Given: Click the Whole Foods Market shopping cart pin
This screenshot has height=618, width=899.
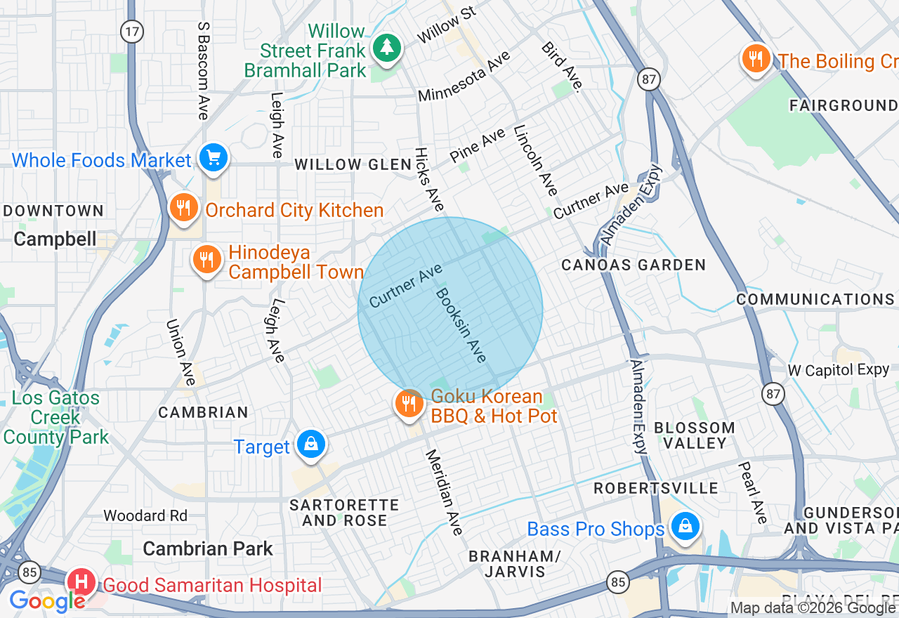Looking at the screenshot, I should pos(213,158).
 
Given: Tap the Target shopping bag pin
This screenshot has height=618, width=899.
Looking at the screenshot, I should pos(310,445).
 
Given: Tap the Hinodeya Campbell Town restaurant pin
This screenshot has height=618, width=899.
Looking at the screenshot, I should pos(206,261).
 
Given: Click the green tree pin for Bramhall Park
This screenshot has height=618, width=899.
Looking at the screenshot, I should pos(386,48).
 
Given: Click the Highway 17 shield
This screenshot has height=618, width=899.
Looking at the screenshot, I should pos(131,31).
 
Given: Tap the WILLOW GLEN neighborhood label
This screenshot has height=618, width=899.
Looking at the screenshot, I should pos(353,164).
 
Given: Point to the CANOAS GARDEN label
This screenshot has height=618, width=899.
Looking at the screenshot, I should pos(633,265).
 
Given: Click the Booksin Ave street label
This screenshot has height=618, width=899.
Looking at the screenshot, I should pos(461,324).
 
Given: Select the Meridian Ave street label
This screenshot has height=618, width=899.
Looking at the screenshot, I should pos(445,492).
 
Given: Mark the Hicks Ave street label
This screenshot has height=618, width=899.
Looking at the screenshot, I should pos(429,179).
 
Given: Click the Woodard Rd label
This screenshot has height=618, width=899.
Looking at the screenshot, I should pos(145,515).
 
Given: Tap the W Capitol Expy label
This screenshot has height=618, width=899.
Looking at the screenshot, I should pos(838,369).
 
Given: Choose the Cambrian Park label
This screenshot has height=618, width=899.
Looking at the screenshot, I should pos(208,548).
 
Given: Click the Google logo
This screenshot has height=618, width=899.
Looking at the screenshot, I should pos(47,601).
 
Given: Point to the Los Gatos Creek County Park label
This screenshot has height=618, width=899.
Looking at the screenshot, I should pos(55,417).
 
